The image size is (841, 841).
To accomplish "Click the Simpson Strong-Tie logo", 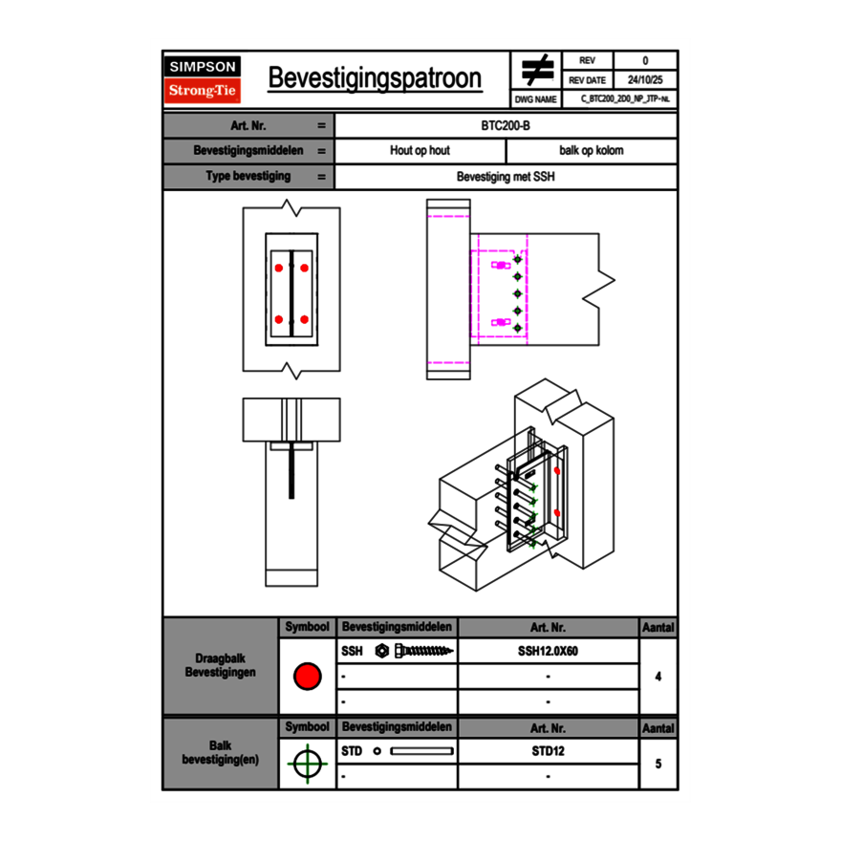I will (x=204, y=79).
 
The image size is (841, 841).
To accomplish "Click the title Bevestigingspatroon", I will (x=375, y=78).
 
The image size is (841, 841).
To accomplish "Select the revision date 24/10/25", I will (x=645, y=80).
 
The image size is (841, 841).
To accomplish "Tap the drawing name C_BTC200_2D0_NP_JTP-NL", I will (x=625, y=98).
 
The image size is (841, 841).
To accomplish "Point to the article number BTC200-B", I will (x=506, y=125).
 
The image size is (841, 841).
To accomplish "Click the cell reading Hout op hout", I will (x=420, y=151).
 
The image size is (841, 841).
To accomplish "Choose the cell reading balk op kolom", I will (x=592, y=151).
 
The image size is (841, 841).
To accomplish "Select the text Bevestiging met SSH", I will (x=506, y=177).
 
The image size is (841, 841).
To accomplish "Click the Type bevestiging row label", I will (x=248, y=177).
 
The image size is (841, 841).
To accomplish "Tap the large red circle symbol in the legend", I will (x=306, y=677).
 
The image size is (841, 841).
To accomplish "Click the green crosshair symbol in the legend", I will (x=306, y=764).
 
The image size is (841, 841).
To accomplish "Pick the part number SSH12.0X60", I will (x=548, y=651).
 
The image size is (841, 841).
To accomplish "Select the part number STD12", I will (x=548, y=751).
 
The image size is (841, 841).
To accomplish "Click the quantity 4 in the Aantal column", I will (x=658, y=677).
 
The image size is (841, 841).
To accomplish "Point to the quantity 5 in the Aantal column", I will (x=658, y=764).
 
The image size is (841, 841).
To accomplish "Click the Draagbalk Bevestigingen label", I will (x=221, y=666).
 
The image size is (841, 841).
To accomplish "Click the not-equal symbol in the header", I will (x=537, y=70).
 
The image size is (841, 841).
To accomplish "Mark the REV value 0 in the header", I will (x=645, y=61).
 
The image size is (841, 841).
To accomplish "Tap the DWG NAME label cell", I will (x=535, y=98).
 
